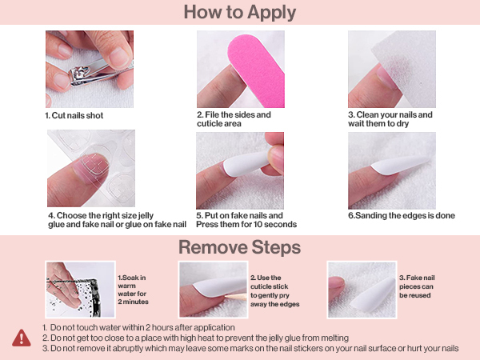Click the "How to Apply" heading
pos(240,13)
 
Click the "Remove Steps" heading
pos(240,247)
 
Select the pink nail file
pos(258,69)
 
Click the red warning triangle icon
pos(22,338)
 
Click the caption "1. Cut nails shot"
pos(74,115)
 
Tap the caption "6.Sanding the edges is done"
pos(402,215)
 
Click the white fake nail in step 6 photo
pos(399,166)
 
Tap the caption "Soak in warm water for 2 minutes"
pos(133,290)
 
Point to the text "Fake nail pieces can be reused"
pos(417,286)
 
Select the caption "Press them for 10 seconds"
pos(246,224)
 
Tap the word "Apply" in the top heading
pos(271,13)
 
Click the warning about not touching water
pos(138,327)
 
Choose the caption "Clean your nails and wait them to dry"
pos(390,119)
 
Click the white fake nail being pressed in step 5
pos(247,164)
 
